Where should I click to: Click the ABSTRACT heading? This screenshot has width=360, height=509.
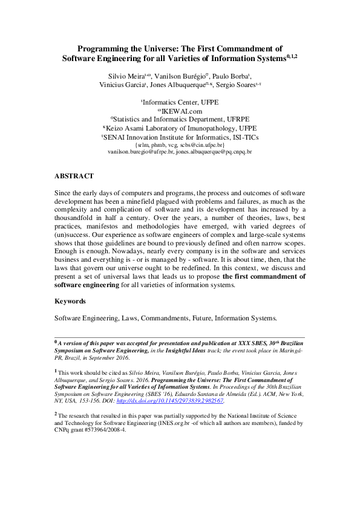74,176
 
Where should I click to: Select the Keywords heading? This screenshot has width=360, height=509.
70,300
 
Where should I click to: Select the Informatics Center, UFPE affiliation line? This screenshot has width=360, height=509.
180,103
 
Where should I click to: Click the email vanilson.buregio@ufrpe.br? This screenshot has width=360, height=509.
140,152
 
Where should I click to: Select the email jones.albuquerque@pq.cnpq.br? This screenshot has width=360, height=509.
214,152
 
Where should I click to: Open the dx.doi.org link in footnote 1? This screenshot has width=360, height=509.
191,400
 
